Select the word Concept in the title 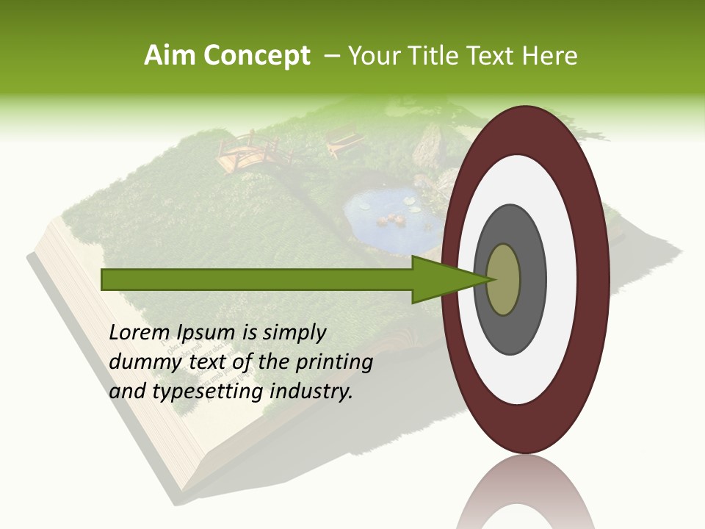(x=257, y=56)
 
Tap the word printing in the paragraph (x=334, y=362)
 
